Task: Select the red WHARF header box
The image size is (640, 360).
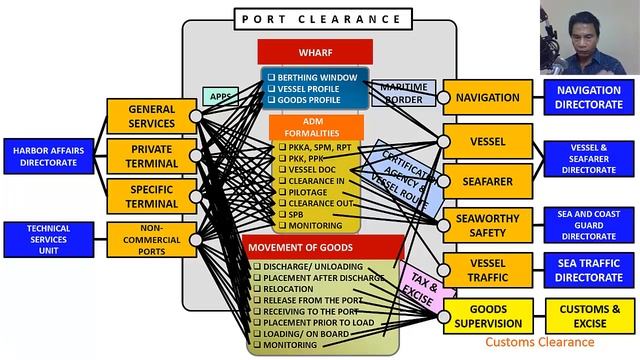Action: click(x=315, y=52)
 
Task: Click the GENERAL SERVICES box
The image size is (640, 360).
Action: click(x=151, y=117)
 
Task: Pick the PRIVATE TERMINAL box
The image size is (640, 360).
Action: click(x=151, y=156)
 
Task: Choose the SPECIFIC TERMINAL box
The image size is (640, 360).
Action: click(x=151, y=196)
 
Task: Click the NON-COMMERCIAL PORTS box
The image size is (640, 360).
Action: click(x=151, y=239)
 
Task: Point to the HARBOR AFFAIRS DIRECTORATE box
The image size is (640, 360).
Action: click(x=48, y=156)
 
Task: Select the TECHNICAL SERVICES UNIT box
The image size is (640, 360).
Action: click(x=48, y=237)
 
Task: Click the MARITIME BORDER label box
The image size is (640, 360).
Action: click(x=403, y=93)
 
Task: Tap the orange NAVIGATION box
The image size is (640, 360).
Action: click(x=487, y=98)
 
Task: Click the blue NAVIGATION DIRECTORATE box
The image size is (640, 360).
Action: click(x=589, y=97)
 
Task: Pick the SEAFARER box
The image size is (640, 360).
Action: click(x=487, y=182)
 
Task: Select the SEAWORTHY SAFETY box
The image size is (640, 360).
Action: click(x=487, y=226)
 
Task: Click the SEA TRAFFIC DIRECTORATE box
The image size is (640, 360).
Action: click(x=589, y=270)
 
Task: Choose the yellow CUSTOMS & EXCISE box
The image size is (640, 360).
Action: click(x=589, y=316)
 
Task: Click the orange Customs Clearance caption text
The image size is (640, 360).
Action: click(x=540, y=342)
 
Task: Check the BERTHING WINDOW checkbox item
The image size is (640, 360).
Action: click(x=271, y=77)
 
